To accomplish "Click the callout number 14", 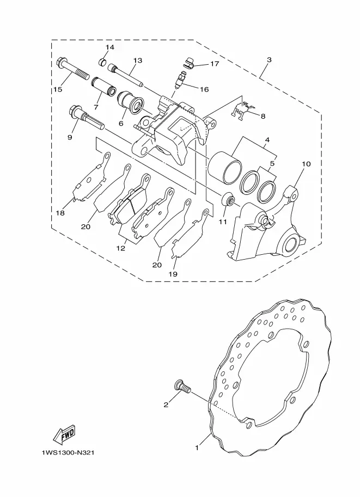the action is tap(110, 47).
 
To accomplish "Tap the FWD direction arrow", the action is tap(65, 434).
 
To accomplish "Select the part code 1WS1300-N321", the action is tap(68, 452).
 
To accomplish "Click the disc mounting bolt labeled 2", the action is tap(182, 387).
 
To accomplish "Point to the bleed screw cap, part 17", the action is tap(189, 62).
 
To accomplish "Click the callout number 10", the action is tap(306, 164).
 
